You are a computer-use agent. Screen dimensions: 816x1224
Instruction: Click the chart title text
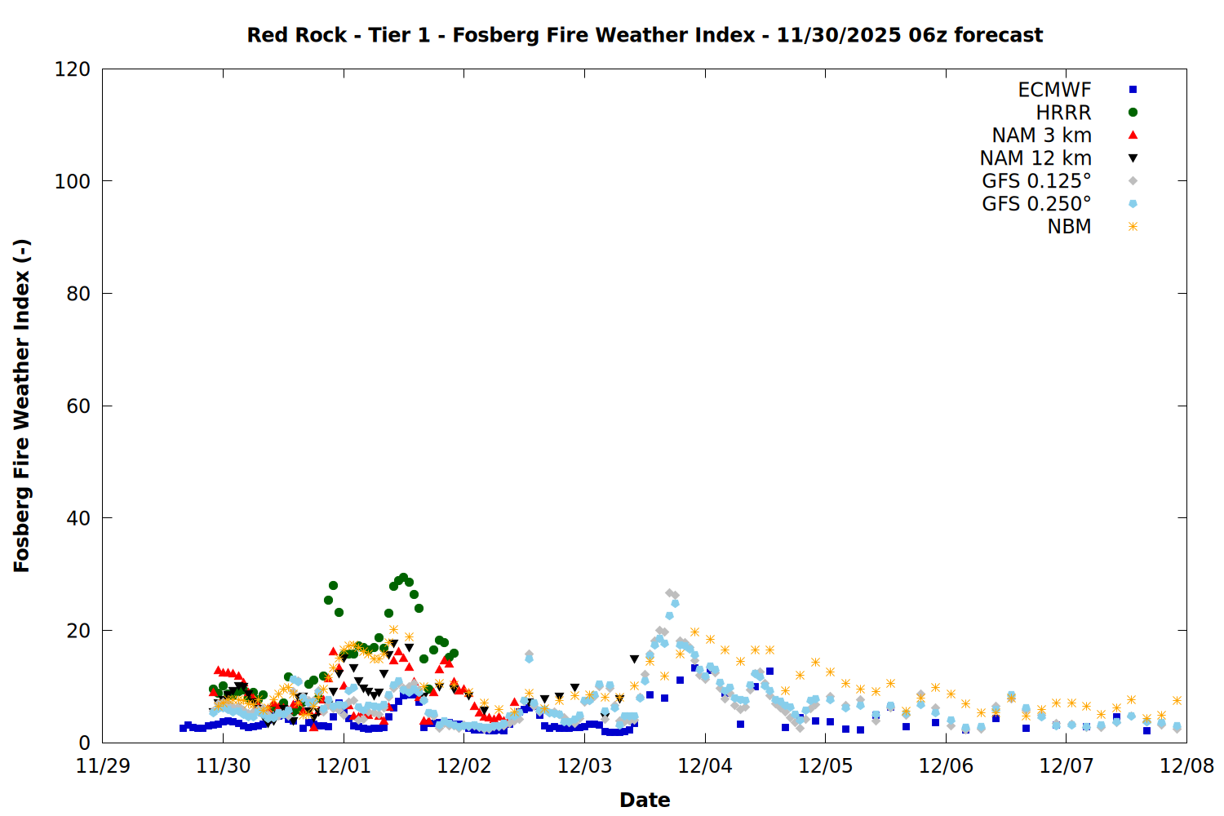(x=645, y=35)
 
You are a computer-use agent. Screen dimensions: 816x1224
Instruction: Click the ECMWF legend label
(x=1054, y=90)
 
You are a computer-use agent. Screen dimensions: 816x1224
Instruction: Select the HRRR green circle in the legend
(x=1133, y=113)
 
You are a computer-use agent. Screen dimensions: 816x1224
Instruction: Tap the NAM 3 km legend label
(x=1041, y=135)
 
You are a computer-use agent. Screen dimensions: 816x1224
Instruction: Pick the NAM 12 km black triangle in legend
(x=1133, y=158)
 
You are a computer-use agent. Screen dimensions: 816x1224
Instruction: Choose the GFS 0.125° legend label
(x=1036, y=181)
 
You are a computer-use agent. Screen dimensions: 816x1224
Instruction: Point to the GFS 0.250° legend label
(x=1036, y=204)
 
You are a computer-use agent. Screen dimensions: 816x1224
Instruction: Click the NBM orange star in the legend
(x=1133, y=227)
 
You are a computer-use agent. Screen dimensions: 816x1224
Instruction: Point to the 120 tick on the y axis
(x=73, y=69)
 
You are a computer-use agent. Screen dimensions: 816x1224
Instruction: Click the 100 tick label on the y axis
(x=73, y=181)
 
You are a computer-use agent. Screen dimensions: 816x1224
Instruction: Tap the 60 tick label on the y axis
(x=78, y=406)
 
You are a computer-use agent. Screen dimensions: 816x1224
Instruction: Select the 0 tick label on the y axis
(x=85, y=743)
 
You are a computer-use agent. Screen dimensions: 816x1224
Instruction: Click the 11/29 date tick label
(x=103, y=766)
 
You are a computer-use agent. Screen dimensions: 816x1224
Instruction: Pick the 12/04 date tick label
(x=705, y=766)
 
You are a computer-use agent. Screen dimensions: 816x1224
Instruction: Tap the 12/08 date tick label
(x=1186, y=766)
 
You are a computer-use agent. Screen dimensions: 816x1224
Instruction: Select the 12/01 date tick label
(x=344, y=766)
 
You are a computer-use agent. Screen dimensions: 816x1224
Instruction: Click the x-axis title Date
(x=645, y=800)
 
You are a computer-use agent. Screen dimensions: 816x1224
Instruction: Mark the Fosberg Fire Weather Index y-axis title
(x=22, y=406)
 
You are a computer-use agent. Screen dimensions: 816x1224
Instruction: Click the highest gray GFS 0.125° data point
(x=670, y=593)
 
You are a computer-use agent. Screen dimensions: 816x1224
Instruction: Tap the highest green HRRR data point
(x=403, y=578)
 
